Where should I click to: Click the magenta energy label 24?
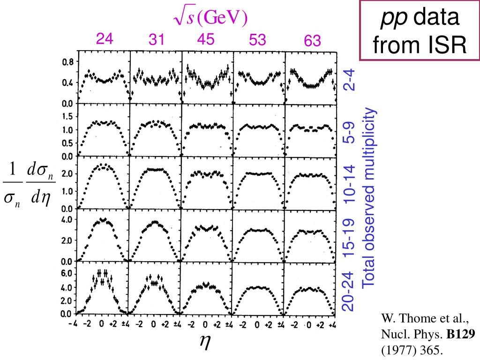coord(105,39)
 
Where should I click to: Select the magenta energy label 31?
coord(157,41)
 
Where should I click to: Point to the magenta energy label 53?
coord(257,40)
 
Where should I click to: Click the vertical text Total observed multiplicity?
coord(370,197)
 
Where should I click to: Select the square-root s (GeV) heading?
coord(210,18)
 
